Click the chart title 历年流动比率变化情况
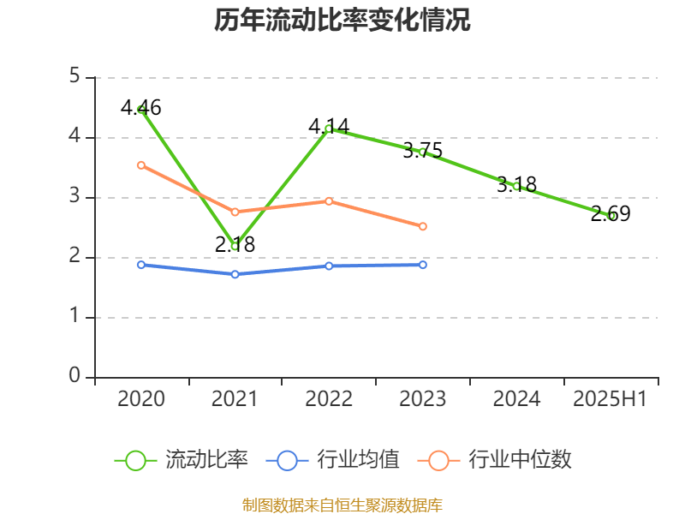tap(342, 21)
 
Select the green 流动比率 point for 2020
tap(141, 109)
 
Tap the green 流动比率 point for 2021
tap(235, 246)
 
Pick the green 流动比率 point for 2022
tap(329, 128)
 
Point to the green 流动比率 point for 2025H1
tap(611, 216)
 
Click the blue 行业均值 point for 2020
tap(141, 265)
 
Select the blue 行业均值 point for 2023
tap(423, 265)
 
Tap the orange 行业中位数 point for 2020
tap(141, 164)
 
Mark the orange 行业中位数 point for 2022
tap(329, 200)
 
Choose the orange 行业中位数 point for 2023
tap(423, 226)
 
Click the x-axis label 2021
tap(235, 399)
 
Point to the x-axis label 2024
tap(517, 399)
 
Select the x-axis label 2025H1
tap(611, 399)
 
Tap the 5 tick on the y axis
tap(74, 77)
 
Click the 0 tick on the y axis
tap(74, 377)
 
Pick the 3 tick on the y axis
tap(74, 197)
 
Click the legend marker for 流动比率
tap(135, 460)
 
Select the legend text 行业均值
tap(358, 460)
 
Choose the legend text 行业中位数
tap(520, 460)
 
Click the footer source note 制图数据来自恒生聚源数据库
tap(342, 505)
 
